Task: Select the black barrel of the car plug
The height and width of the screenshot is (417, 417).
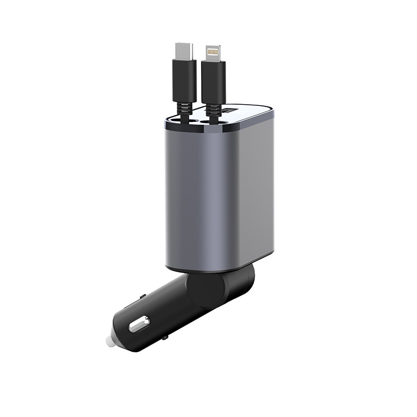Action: tap(156, 318)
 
